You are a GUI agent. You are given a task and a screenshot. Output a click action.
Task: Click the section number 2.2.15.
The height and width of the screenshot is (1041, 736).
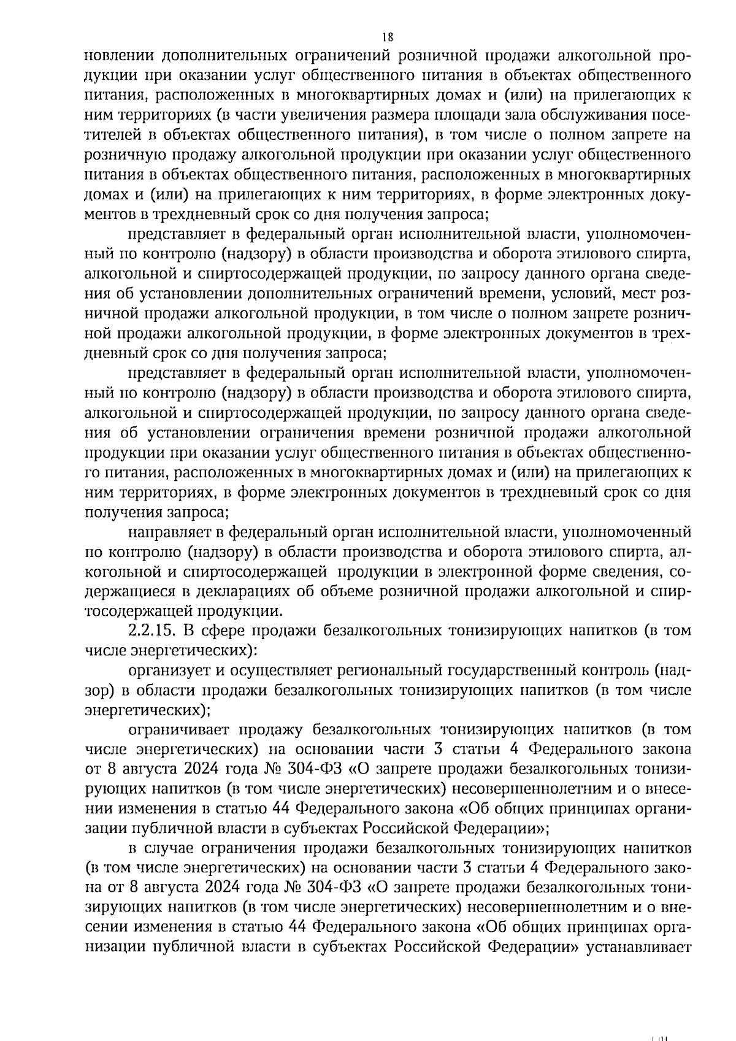click(150, 630)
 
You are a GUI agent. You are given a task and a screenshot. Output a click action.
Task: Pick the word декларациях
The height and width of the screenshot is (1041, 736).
click(236, 591)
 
